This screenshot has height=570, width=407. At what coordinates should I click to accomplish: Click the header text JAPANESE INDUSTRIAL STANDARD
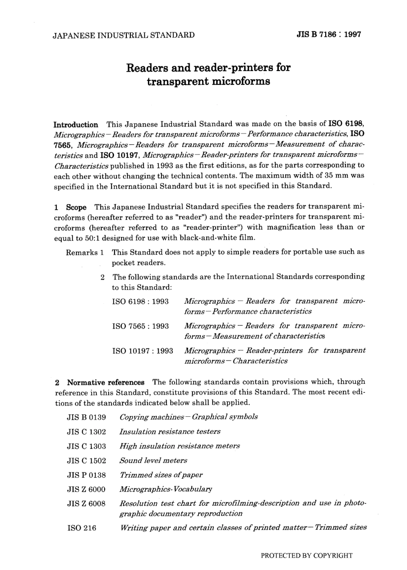tap(123, 35)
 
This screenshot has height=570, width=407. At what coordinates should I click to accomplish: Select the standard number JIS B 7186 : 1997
tap(329, 35)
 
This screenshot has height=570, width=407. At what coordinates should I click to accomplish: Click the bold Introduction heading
tap(76, 125)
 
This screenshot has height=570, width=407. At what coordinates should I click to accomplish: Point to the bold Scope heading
tap(76, 207)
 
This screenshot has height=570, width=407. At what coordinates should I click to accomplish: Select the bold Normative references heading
tap(106, 382)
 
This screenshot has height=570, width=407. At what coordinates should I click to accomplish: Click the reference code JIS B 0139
tap(87, 417)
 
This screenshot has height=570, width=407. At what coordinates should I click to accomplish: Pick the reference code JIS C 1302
tap(87, 431)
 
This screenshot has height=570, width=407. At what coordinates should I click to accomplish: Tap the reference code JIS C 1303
tap(87, 446)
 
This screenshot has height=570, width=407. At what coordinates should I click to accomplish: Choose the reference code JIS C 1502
tap(87, 460)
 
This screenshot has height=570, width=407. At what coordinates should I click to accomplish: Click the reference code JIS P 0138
tap(87, 475)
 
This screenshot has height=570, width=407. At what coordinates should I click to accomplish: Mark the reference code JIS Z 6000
tap(87, 489)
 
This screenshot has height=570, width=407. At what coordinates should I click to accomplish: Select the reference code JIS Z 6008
tap(87, 504)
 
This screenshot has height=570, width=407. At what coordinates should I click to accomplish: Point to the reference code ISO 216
tap(82, 528)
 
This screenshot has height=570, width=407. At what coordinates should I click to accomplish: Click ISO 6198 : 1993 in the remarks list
tap(140, 302)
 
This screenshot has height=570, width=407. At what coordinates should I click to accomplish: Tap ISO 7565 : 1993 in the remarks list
tap(140, 327)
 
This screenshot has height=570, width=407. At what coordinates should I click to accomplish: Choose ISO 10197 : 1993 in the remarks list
tap(142, 351)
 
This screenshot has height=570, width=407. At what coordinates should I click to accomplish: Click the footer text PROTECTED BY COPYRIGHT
tap(306, 555)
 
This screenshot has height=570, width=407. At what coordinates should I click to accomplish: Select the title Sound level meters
tap(153, 460)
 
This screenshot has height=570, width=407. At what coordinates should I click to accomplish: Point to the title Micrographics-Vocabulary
tap(166, 489)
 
